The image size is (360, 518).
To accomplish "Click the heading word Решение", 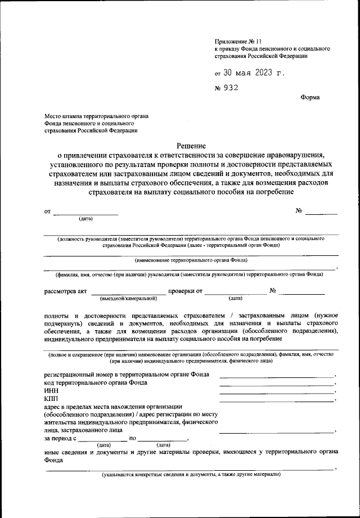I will coord(191,145).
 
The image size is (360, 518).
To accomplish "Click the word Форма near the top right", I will coord(310,97).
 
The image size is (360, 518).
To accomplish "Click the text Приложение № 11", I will coord(238,41).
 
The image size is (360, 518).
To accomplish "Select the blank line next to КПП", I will coord(276,400).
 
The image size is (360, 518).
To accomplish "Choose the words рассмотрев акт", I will coord(65,291).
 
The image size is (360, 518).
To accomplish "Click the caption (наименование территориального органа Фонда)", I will coord(191,260).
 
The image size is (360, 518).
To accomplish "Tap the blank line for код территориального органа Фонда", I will coord(276,385).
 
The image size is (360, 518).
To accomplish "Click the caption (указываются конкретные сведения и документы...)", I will coord(191,475).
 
